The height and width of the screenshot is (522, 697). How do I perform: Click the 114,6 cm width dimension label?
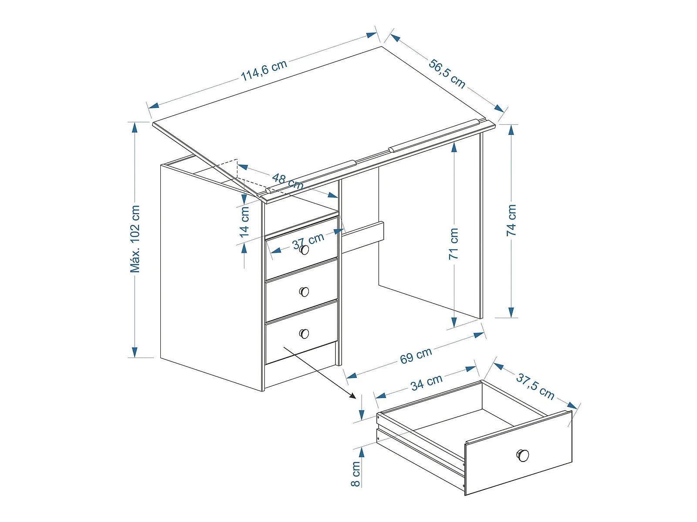[x=264, y=70]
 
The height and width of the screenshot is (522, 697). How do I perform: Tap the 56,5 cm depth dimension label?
[x=447, y=74]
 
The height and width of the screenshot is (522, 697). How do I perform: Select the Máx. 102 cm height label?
[x=135, y=239]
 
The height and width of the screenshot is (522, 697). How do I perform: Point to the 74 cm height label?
[x=511, y=220]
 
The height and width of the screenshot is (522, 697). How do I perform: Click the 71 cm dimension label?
[x=454, y=244]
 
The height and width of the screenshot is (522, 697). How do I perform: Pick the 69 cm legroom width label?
[x=416, y=355]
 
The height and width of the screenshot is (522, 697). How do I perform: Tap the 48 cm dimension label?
[x=288, y=181]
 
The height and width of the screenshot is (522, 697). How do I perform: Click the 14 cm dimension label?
[x=244, y=222]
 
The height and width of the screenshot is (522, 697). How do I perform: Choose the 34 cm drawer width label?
[x=426, y=382]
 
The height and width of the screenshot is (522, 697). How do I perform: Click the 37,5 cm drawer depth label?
[x=535, y=386]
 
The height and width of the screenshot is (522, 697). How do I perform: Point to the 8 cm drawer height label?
[x=355, y=474]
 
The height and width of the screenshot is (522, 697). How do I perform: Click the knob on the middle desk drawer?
[x=304, y=291]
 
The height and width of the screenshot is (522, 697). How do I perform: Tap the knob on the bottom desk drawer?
[x=304, y=333]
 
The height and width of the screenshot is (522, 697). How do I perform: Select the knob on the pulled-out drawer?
[x=523, y=455]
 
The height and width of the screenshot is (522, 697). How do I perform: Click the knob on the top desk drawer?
[x=304, y=250]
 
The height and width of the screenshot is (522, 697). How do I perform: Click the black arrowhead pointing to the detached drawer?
[x=352, y=396]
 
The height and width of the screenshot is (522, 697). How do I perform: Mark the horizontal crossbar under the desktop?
[x=362, y=237]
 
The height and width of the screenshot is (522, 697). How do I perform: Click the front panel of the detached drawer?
[x=518, y=453]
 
